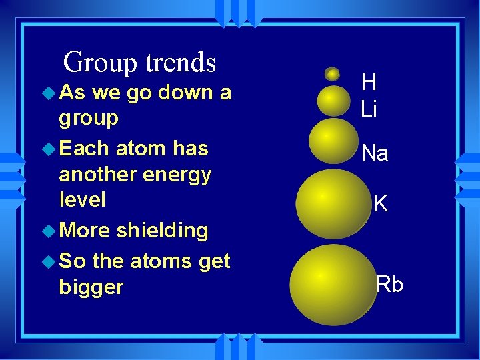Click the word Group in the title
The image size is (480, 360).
point(100,63)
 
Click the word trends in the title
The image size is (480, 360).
point(181,63)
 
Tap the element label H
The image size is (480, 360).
point(369,82)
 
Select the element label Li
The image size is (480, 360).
point(369,109)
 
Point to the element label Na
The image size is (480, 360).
point(375,154)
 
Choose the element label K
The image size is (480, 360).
point(381,203)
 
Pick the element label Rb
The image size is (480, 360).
point(389,284)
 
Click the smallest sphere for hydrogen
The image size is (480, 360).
point(332,73)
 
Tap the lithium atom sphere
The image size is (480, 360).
point(333,99)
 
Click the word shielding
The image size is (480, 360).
point(162,231)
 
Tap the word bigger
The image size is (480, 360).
point(91,287)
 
